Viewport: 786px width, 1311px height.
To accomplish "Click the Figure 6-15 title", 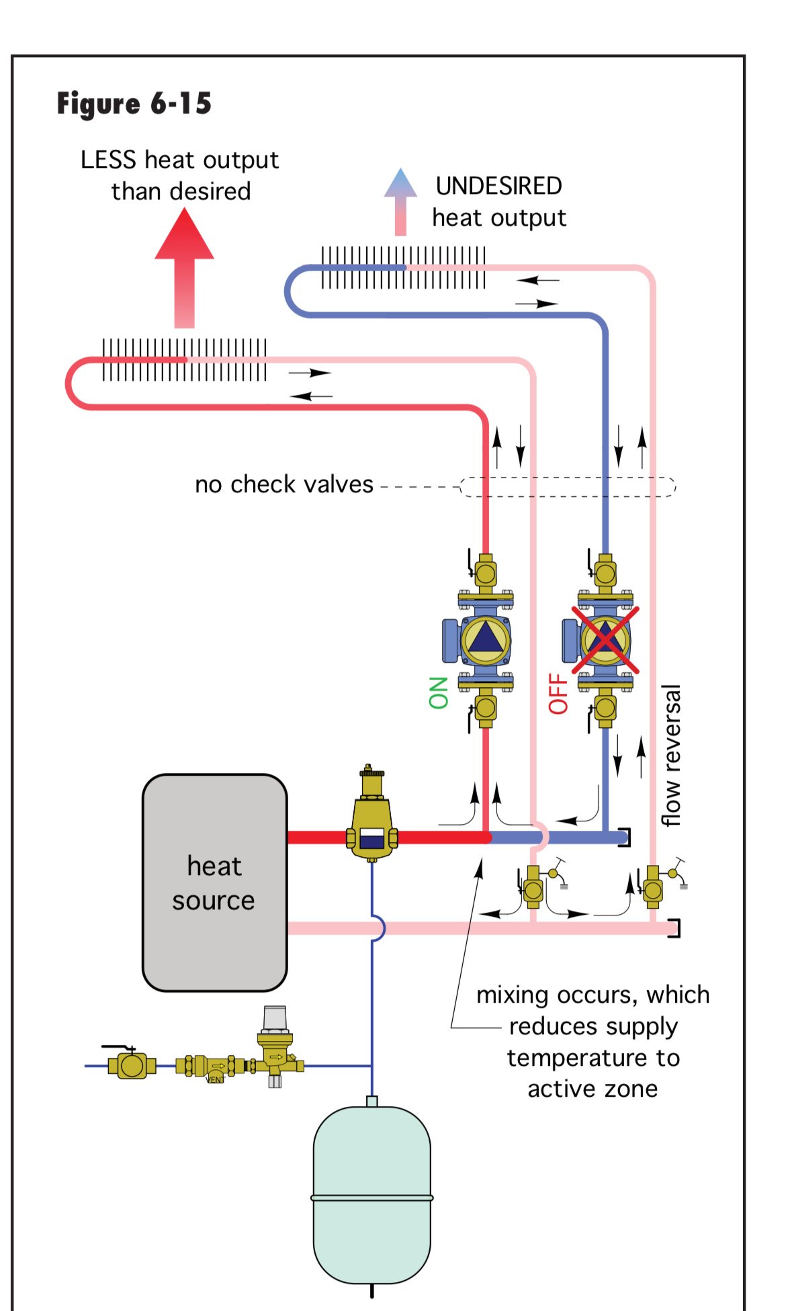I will pos(134,104).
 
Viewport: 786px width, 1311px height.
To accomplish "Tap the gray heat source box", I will pos(214,883).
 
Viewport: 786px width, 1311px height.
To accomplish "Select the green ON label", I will pos(438,692).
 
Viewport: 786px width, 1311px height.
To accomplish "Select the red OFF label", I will pos(558,693).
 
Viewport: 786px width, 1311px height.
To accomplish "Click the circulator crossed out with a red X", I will pos(605,639).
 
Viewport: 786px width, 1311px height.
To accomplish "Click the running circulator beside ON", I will pos(484,639).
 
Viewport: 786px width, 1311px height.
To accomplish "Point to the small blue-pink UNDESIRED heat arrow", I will pos(400,201).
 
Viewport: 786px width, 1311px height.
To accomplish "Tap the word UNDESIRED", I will pos(498,186).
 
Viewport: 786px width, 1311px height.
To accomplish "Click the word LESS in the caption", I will pos(108,160).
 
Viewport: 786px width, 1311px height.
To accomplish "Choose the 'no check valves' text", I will pos(283,484).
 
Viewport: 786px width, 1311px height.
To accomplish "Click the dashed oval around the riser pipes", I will pos(568,486).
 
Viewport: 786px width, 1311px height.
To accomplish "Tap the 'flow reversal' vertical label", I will pos(671,755).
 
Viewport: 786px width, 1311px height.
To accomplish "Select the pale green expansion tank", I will pos(372,1195).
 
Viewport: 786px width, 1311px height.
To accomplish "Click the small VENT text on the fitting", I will pos(215,1079).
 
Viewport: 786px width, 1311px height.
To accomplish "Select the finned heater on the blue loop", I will pos(403,267).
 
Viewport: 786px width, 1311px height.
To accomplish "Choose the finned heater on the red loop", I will pos(184,360).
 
